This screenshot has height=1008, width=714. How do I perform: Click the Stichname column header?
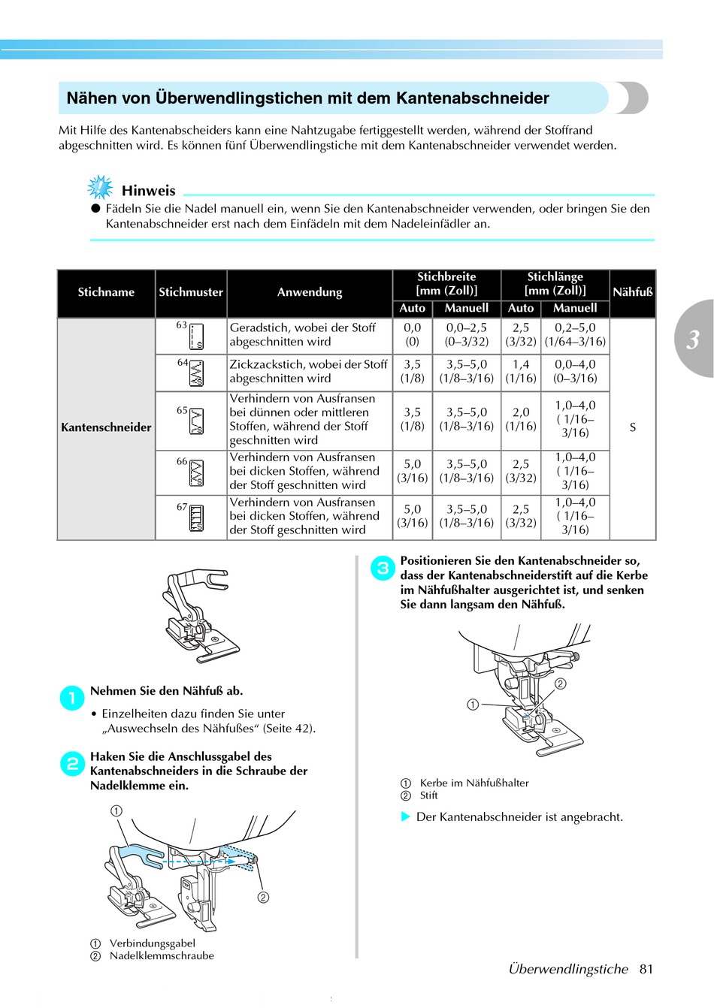click(106, 292)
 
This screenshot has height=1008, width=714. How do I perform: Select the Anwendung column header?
click(310, 292)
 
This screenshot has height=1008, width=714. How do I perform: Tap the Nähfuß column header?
click(633, 292)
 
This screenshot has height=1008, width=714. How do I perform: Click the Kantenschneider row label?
click(106, 427)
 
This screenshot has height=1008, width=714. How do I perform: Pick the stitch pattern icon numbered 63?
click(197, 337)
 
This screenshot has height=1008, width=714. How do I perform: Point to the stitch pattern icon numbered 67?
click(197, 518)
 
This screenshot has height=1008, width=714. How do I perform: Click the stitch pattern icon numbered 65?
click(197, 421)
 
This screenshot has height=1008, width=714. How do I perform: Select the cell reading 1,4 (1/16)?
click(521, 371)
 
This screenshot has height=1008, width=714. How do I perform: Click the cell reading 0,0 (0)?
click(413, 334)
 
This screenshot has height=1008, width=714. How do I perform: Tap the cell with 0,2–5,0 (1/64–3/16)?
click(575, 334)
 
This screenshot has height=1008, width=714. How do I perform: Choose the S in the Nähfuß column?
click(633, 427)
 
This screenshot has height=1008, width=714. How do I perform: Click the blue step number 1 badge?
click(72, 699)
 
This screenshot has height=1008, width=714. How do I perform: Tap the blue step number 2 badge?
click(72, 764)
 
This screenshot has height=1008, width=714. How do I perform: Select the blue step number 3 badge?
click(383, 568)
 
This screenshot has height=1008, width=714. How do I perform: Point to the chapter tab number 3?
click(693, 340)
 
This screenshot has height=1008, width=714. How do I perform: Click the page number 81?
click(646, 969)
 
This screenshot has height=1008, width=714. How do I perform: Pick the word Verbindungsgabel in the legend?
click(152, 943)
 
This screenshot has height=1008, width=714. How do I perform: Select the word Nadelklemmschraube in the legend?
click(162, 956)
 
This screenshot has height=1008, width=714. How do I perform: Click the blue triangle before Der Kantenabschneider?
click(406, 816)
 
